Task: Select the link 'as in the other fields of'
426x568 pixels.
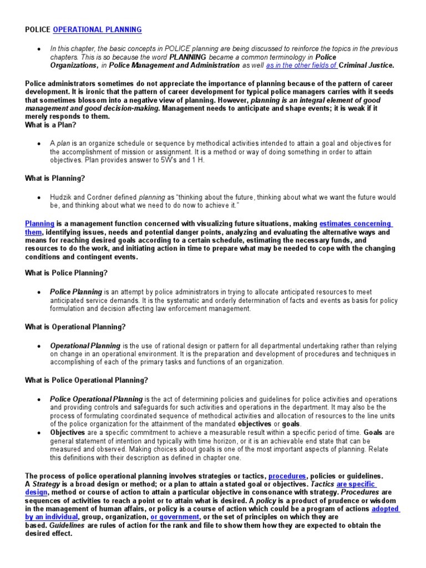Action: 301,65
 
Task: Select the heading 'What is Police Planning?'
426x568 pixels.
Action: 66,273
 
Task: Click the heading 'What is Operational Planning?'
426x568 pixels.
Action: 75,327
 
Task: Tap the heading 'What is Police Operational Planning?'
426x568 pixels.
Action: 86,380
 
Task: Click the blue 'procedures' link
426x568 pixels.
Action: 287,476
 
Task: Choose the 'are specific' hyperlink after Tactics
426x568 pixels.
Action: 356,484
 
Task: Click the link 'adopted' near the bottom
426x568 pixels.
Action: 386,509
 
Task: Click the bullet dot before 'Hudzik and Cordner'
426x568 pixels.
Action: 38,197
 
